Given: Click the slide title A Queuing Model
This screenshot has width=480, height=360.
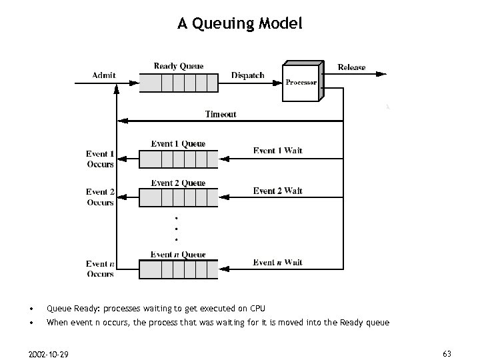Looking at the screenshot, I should (240, 24).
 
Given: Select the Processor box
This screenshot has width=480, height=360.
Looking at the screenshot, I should (301, 82).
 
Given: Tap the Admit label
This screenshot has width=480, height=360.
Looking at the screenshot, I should (103, 75).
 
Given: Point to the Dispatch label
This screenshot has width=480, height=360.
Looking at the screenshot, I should (247, 75).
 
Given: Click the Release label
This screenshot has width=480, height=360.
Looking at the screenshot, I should (351, 67).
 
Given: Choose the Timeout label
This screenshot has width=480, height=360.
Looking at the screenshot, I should (220, 114).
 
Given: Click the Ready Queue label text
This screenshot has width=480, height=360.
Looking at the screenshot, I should (179, 66).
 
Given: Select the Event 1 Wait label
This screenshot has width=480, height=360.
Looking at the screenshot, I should (277, 151).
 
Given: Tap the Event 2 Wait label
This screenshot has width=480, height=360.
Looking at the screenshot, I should (277, 191).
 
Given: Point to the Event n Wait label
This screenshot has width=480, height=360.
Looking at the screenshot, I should (277, 263).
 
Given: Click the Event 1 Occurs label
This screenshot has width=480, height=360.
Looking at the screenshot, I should (100, 159).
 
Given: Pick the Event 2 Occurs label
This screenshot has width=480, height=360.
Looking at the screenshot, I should (100, 197).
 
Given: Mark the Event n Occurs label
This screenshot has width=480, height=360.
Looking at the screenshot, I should (100, 269).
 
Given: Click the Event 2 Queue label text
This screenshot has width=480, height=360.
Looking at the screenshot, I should (178, 183).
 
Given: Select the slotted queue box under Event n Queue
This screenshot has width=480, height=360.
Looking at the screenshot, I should (178, 269).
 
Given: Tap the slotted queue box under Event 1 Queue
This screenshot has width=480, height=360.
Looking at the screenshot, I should (178, 159).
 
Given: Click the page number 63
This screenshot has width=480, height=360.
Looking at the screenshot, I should (447, 353).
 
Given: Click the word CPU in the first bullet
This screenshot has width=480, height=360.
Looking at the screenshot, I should (257, 309).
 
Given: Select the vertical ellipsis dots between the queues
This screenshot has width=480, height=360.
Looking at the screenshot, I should (176, 229).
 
